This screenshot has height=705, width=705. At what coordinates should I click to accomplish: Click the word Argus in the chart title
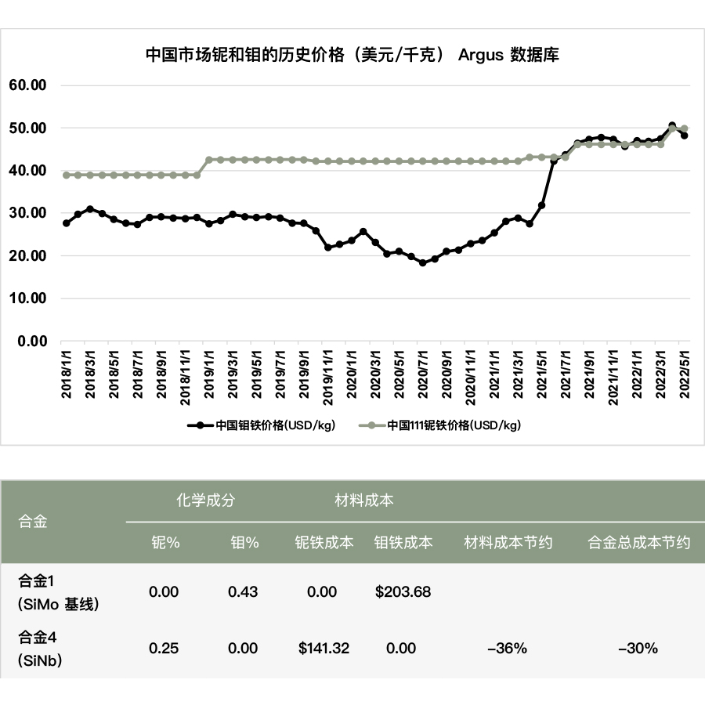[x=479, y=55]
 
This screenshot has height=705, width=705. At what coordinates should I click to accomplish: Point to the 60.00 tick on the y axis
[x=28, y=85]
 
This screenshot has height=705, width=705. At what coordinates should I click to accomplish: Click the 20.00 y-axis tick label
[x=28, y=255]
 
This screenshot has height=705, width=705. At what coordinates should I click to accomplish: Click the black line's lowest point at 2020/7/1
[x=423, y=263]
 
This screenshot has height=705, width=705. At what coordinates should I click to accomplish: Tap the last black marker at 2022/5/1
[x=684, y=136]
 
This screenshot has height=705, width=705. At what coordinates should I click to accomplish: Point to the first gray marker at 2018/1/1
[x=67, y=175]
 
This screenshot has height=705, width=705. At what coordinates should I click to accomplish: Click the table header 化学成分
[x=204, y=500]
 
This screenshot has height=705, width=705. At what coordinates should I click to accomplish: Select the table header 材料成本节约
[x=508, y=542]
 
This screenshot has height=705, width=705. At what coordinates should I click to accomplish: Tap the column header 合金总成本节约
[x=639, y=542]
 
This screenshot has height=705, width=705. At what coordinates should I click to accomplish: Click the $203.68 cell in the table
[x=403, y=591]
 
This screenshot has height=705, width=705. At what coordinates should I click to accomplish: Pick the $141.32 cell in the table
[x=324, y=648]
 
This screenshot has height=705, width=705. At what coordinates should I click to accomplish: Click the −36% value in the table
[x=508, y=648]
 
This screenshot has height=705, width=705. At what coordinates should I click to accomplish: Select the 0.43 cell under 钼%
[x=243, y=591]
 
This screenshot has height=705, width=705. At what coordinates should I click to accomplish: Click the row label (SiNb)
[x=41, y=660]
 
